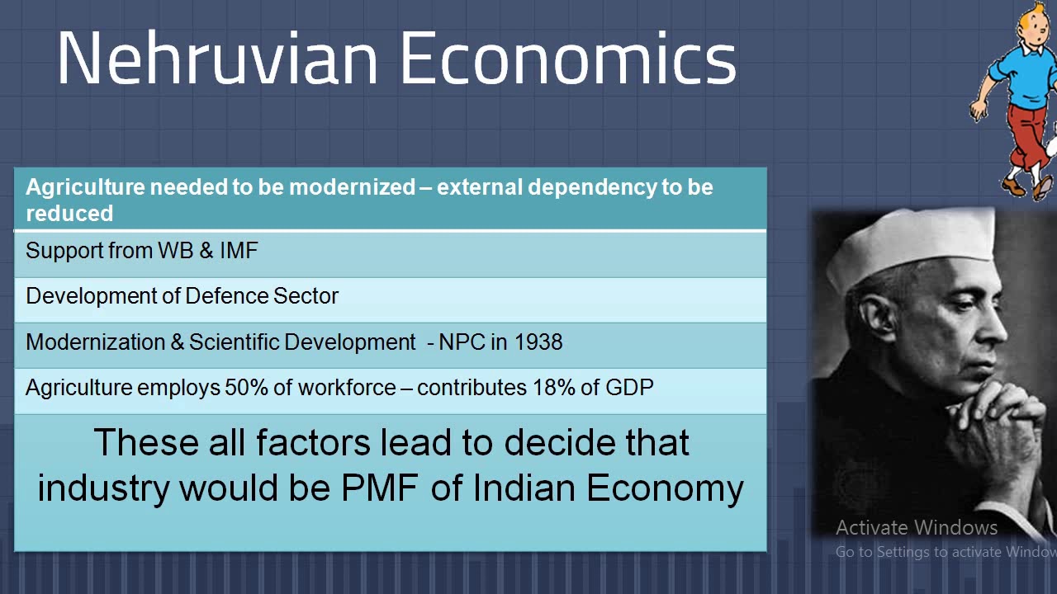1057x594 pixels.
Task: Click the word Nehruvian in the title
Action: click(x=217, y=59)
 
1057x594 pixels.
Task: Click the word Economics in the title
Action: click(x=568, y=59)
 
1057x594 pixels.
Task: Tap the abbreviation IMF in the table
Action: click(x=239, y=251)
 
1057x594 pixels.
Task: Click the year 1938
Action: click(x=538, y=342)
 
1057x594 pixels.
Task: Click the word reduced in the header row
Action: click(x=69, y=214)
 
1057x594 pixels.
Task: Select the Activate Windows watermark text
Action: click(x=917, y=528)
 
